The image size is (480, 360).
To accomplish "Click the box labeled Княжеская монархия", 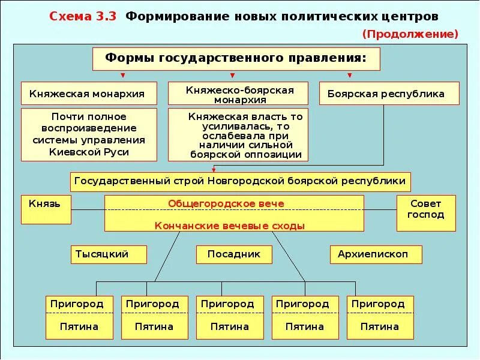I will (89, 94).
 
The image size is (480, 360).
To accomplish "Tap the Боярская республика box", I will (389, 94).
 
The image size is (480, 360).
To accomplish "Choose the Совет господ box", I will (426, 213).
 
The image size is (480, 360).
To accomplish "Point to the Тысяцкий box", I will (109, 254).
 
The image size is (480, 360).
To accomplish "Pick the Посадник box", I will (234, 254).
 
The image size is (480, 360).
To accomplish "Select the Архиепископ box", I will (376, 254).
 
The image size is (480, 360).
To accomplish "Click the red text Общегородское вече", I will (234, 203).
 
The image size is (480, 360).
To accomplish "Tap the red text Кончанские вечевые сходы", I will (234, 226).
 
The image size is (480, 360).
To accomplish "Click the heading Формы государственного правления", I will (236, 59).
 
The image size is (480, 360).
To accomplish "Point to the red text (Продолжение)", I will (410, 34).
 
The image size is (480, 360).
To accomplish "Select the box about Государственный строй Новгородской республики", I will (241, 181).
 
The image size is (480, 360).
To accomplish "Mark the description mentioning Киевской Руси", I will (89, 134).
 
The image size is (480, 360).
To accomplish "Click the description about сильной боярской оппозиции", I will (238, 134).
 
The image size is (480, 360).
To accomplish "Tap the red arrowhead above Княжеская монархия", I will (123, 76).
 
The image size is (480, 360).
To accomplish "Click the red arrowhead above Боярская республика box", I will (349, 76).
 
